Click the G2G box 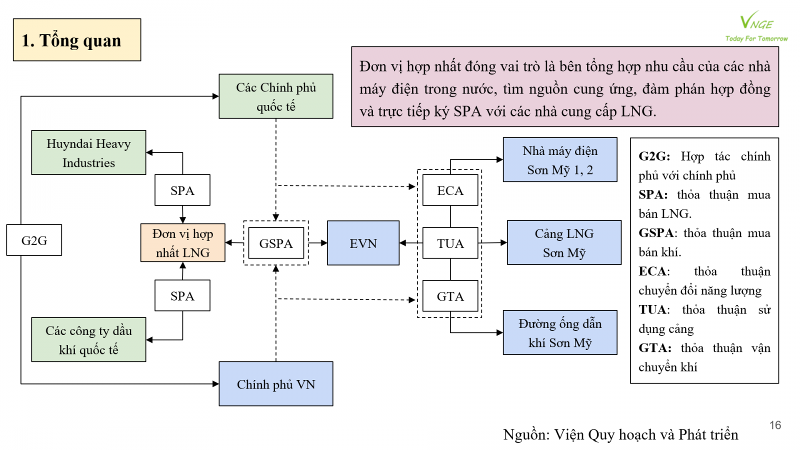tap(34, 240)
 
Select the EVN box tap(363, 243)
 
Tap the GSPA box tap(276, 243)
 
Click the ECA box tap(450, 190)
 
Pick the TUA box tap(450, 243)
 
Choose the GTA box tap(450, 296)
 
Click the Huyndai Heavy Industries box tap(88, 152)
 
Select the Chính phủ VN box tap(276, 383)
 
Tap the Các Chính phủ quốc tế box tap(276, 96)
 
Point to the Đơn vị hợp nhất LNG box tap(183, 243)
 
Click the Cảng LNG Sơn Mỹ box tap(564, 242)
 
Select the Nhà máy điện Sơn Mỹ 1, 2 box tap(560, 159)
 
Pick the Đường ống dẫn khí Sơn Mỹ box tap(560, 332)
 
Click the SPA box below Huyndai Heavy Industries tap(182, 190)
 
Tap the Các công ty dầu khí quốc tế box tap(88, 339)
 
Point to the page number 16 tap(775, 425)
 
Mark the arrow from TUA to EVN tap(410, 243)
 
